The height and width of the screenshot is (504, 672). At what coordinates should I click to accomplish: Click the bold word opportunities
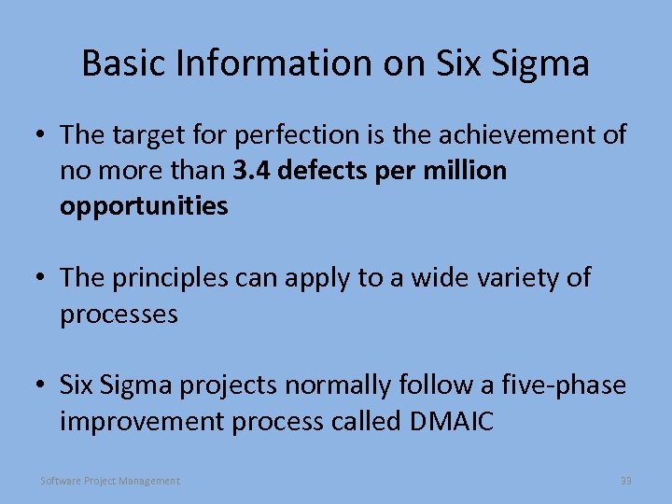click(144, 206)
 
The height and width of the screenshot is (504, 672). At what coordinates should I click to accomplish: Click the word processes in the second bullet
click(119, 314)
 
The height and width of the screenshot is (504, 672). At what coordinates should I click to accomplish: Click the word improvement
click(141, 421)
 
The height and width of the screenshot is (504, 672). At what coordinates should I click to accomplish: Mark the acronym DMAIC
click(451, 421)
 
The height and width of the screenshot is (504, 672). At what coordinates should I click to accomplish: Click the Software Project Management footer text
click(110, 481)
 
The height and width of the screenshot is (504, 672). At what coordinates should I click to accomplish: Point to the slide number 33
click(625, 481)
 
